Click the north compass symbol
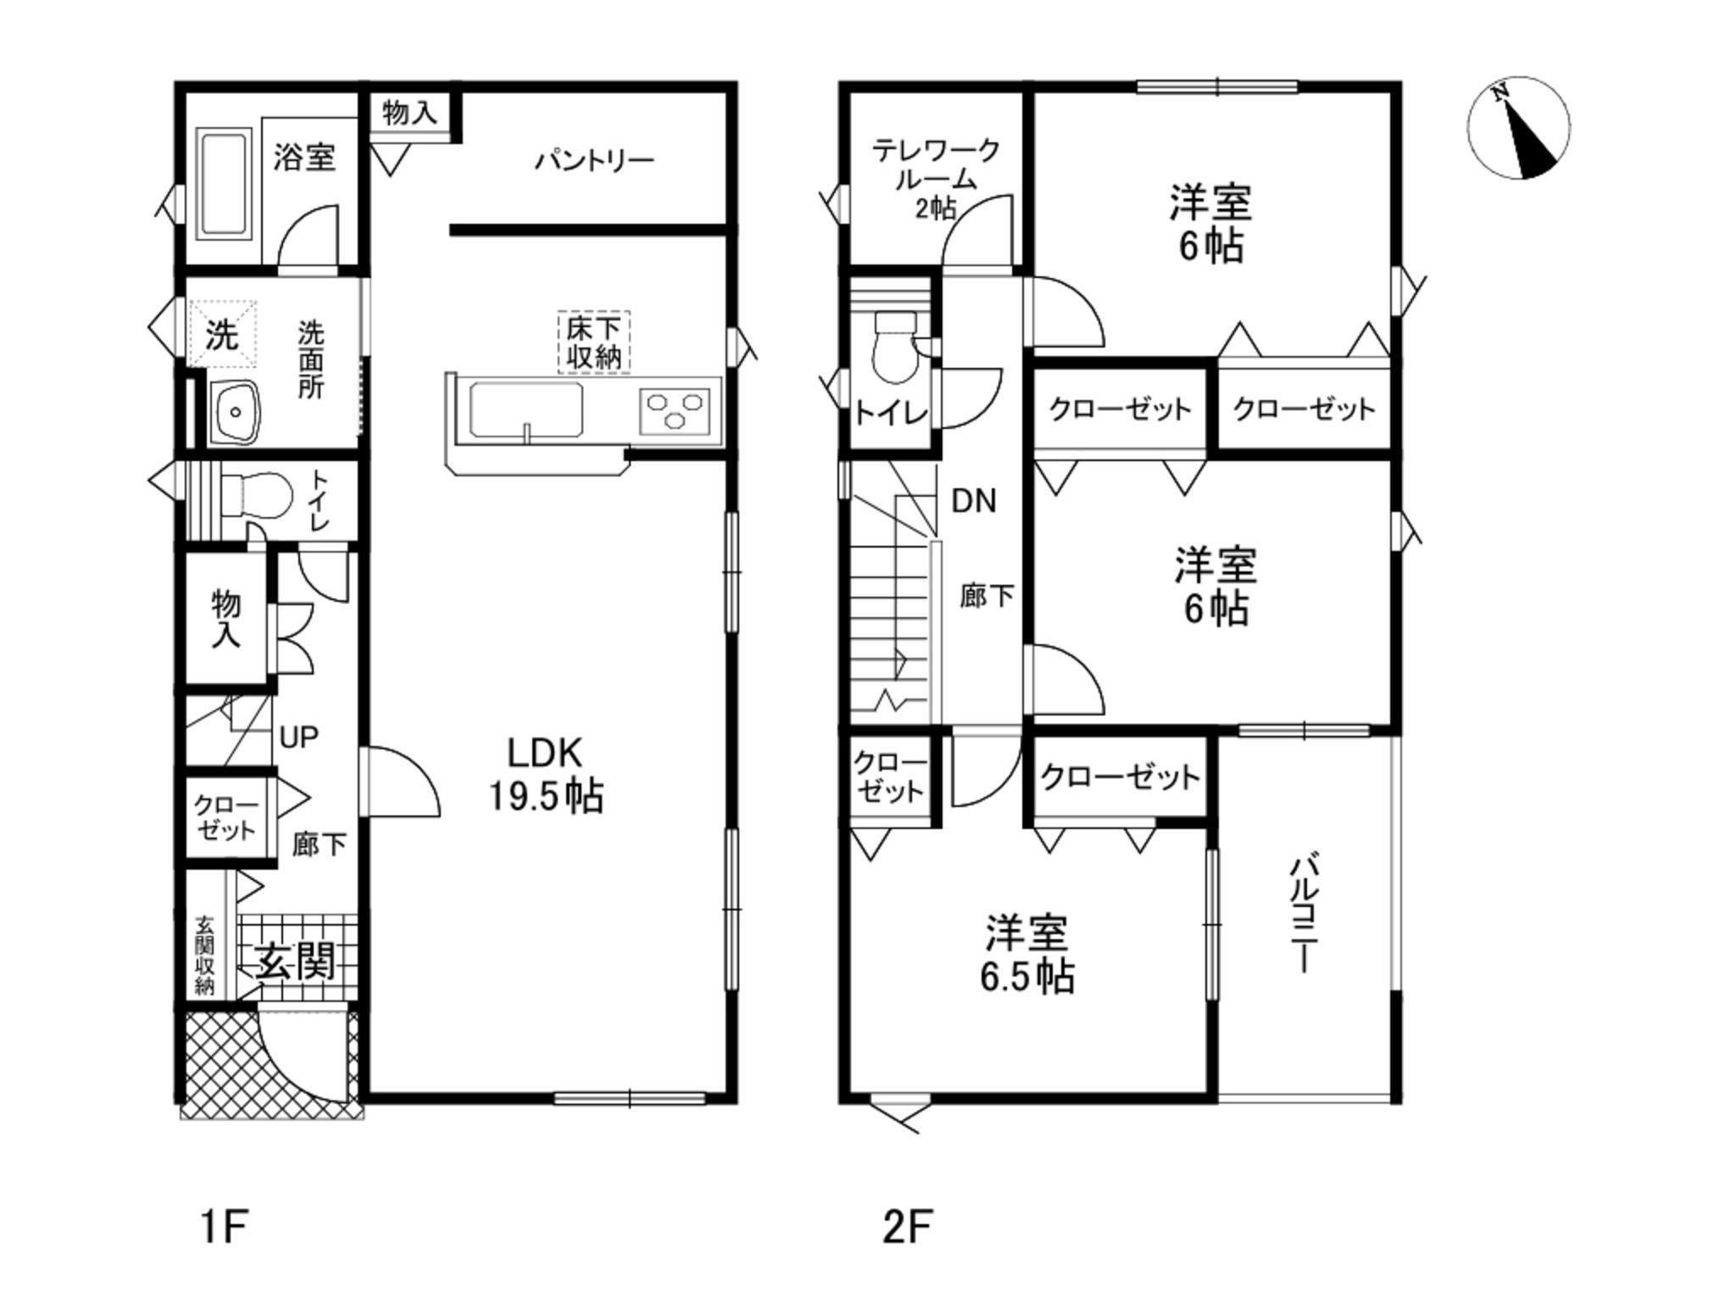[x=1518, y=129]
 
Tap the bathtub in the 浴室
[x=225, y=184]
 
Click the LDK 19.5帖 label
[x=546, y=774]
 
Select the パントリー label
[x=594, y=160]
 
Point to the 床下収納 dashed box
[x=593, y=342]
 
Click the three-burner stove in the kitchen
[x=675, y=410]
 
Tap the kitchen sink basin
[x=526, y=411]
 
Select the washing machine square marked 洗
[x=221, y=333]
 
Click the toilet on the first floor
[x=254, y=495]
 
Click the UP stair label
[x=298, y=737]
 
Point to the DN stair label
[x=974, y=501]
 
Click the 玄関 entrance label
[x=296, y=961]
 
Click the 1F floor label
[x=224, y=1227]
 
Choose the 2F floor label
[x=908, y=1227]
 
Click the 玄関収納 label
[x=204, y=955]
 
